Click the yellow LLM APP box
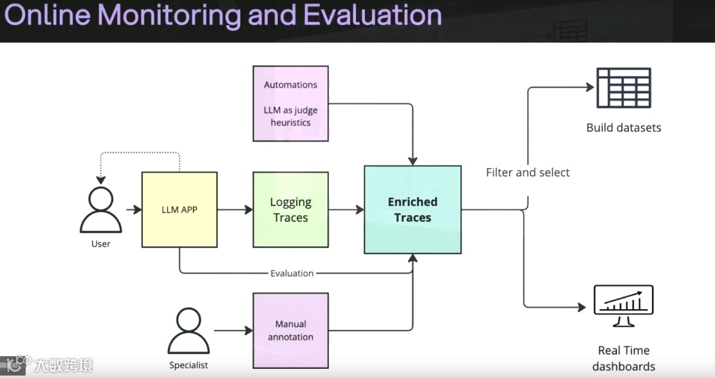(x=179, y=210)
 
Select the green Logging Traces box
(x=291, y=210)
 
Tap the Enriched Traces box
(x=412, y=210)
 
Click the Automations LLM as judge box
(x=291, y=103)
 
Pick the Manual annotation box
(x=291, y=330)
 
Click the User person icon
(x=101, y=210)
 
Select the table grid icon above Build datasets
(x=624, y=87)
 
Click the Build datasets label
(x=624, y=128)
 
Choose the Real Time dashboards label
(x=624, y=358)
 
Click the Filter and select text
(x=528, y=173)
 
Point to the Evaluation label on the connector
(x=292, y=273)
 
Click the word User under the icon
(x=101, y=244)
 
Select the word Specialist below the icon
(x=189, y=365)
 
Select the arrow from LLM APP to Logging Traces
(x=235, y=210)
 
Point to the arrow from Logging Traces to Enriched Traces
(x=346, y=210)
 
